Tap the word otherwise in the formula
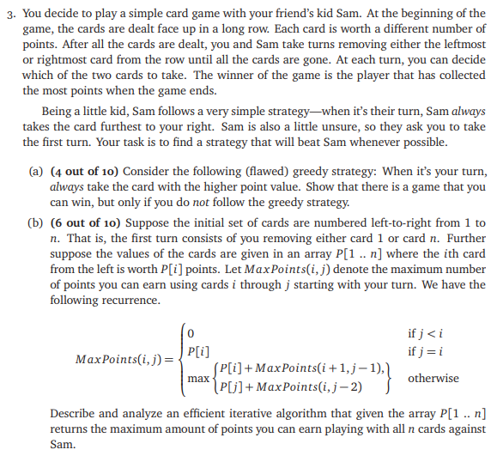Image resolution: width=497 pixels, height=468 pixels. pyautogui.click(x=433, y=378)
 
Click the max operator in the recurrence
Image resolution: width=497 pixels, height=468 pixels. pyautogui.click(x=197, y=379)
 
